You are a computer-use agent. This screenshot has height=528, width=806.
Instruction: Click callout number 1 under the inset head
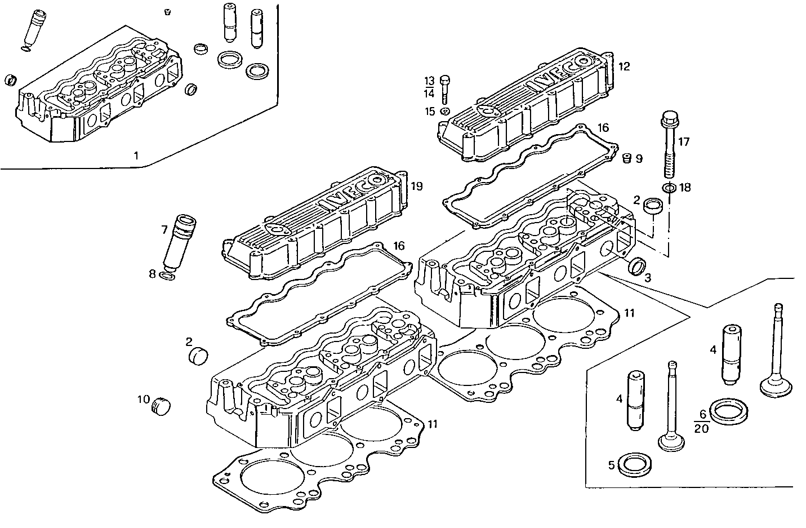135,154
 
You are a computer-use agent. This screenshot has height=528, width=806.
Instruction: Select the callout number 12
624,66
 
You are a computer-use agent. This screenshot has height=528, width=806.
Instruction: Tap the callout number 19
417,187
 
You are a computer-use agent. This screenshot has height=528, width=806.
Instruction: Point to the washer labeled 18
668,188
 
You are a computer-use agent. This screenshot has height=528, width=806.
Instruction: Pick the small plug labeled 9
625,158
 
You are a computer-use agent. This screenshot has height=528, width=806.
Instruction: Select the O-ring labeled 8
167,275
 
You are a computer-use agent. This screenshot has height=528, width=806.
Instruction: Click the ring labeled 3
637,267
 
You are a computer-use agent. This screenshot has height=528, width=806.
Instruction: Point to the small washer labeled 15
445,110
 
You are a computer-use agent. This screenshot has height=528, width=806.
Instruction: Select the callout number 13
429,80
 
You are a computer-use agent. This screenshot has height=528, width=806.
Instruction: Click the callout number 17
683,141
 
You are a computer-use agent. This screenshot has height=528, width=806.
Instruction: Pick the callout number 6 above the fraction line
702,414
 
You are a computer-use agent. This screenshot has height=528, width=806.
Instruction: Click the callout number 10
143,400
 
